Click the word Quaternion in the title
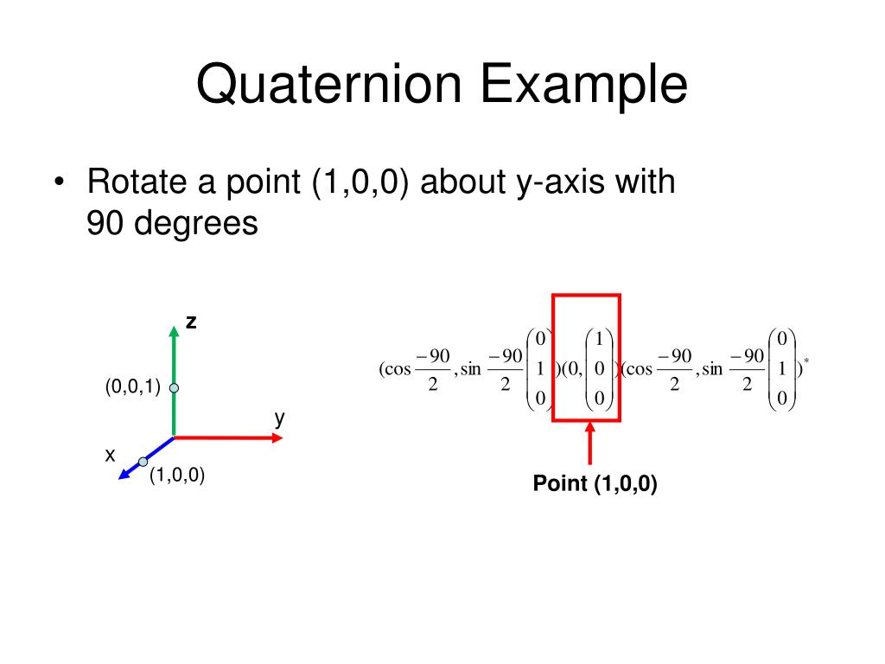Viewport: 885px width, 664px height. pos(328,86)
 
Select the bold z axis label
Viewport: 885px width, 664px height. pos(191,322)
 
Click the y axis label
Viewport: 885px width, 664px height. pos(280,418)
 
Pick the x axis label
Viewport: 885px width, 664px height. pos(110,454)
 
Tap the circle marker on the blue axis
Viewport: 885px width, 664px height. pos(143,462)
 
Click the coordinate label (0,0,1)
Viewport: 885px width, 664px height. pos(133,386)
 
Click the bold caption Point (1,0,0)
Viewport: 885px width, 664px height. pos(595,484)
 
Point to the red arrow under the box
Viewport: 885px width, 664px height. pos(590,445)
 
